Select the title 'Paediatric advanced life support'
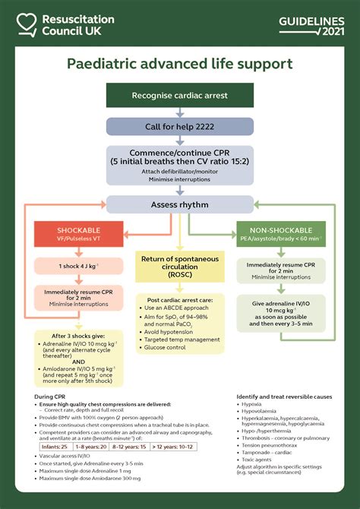pyautogui.click(x=180, y=65)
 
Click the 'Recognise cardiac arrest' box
pyautogui.click(x=179, y=96)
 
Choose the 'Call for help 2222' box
pyautogui.click(x=179, y=126)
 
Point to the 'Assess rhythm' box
pyautogui.click(x=179, y=204)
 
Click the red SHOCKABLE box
pyautogui.click(x=80, y=234)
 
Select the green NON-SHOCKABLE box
pyautogui.click(x=281, y=234)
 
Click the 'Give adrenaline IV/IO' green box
pyautogui.click(x=281, y=314)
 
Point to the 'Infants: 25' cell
pyautogui.click(x=55, y=446)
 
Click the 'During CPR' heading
pyautogui.click(x=54, y=397)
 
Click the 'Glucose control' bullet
pyautogui.click(x=166, y=347)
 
